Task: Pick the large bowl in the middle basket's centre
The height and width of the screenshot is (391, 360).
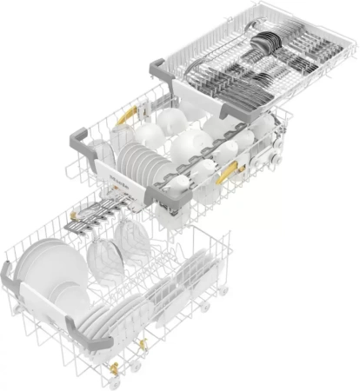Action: (x=187, y=143)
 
